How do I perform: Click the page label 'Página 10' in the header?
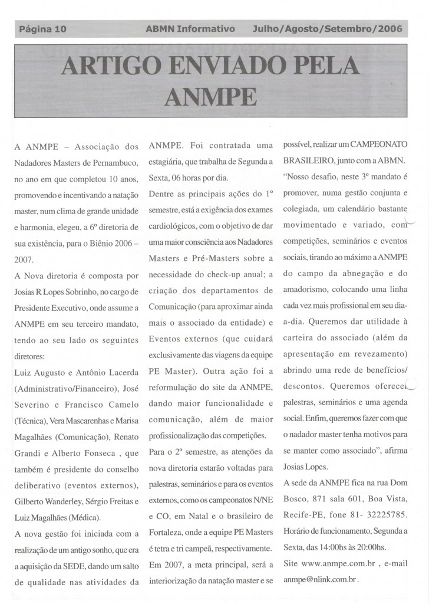point(42,28)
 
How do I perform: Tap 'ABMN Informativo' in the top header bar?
point(190,28)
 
